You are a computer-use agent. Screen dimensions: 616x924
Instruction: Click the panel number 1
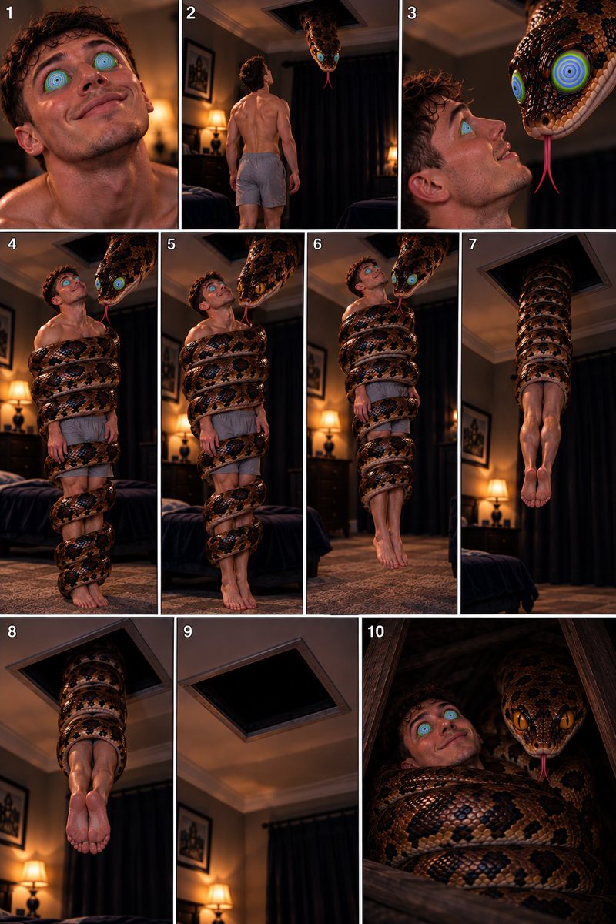pyautogui.click(x=9, y=13)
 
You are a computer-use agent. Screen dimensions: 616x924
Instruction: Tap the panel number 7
pyautogui.click(x=473, y=244)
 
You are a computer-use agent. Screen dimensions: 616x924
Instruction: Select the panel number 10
pyautogui.click(x=376, y=631)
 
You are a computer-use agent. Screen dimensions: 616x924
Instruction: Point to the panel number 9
pyautogui.click(x=188, y=631)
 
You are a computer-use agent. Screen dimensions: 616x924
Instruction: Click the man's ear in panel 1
pyautogui.click(x=29, y=141)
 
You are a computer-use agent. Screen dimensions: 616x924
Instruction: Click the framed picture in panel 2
pyautogui.click(x=199, y=70)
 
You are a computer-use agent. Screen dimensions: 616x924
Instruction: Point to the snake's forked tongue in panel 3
pyautogui.click(x=547, y=164)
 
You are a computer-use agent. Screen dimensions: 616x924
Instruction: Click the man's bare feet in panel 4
pyautogui.click(x=89, y=596)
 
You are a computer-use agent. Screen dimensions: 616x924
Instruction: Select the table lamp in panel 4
pyautogui.click(x=19, y=404)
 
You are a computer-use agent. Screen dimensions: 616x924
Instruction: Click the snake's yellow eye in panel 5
pyautogui.click(x=260, y=287)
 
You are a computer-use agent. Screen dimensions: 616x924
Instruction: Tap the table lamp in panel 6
pyautogui.click(x=330, y=432)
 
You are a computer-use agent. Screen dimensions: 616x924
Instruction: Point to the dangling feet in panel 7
pyautogui.click(x=536, y=488)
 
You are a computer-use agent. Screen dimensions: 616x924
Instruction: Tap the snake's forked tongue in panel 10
pyautogui.click(x=544, y=768)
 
